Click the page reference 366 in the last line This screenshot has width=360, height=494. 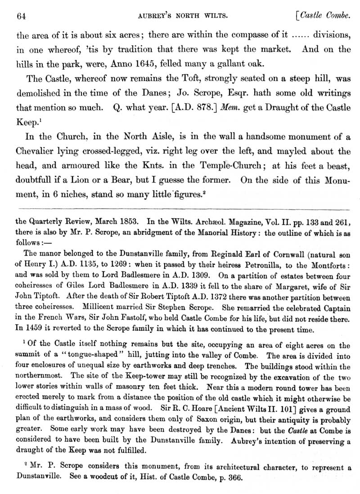coord(234,476)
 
